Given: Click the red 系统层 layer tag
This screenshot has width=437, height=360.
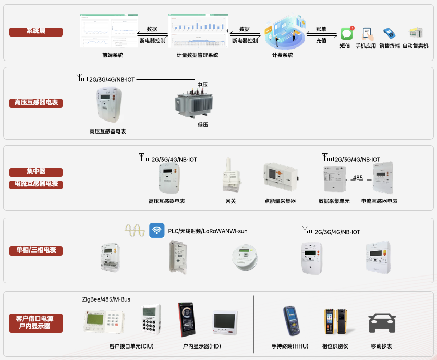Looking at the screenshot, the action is click(36, 31).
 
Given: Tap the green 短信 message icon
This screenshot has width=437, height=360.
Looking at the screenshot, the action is click(346, 34).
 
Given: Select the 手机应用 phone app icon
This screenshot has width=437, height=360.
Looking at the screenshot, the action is click(368, 34).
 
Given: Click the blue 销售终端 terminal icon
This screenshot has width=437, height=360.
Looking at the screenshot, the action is click(390, 33).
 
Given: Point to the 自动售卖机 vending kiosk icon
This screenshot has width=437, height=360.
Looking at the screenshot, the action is click(416, 33).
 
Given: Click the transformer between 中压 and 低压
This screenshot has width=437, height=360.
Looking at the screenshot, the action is click(194, 103).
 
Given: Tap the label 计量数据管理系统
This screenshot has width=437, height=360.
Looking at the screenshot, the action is click(197, 55).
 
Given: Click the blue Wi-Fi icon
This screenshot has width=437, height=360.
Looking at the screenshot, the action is click(156, 230).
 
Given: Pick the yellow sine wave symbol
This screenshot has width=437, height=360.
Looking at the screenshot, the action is click(135, 231).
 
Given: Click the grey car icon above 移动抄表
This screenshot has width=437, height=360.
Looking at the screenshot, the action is click(382, 323).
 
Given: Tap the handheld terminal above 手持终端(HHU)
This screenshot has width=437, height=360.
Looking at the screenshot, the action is click(291, 321).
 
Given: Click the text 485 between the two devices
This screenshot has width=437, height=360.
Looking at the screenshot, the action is click(358, 177).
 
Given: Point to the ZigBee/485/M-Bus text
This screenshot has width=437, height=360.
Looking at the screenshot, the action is click(106, 299).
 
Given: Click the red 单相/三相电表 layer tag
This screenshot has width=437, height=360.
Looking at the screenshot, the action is click(36, 250).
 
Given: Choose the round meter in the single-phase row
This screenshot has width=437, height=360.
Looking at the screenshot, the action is click(245, 257).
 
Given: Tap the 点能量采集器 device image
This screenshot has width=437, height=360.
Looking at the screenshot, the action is click(281, 177).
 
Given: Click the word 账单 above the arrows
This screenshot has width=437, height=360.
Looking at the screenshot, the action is click(321, 29).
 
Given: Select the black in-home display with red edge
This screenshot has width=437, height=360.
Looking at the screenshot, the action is click(187, 320).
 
